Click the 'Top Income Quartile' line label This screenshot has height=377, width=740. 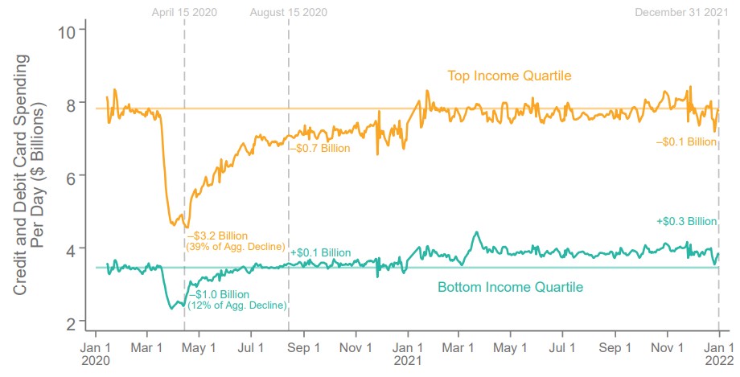coord(509,76)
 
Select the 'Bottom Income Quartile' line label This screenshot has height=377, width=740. coord(510,287)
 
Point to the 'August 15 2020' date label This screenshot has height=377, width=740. coord(289,12)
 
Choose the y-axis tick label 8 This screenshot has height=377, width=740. coord(71,104)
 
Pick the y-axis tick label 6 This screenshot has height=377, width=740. coord(71,176)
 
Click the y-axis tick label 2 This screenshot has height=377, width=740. coord(71,322)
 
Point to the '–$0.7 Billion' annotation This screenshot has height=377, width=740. coord(319,148)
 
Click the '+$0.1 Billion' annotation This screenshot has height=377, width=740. coord(320,252)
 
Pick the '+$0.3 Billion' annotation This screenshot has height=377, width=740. coord(686,221)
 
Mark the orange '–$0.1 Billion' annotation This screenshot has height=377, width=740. coord(686,141)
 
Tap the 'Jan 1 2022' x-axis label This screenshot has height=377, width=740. coord(718,354)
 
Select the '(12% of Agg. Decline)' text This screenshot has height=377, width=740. coord(234,305)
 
